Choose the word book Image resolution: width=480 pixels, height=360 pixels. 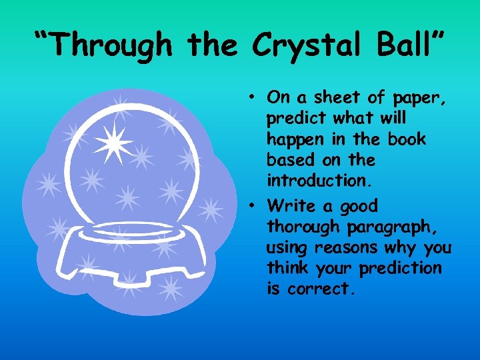409,139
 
